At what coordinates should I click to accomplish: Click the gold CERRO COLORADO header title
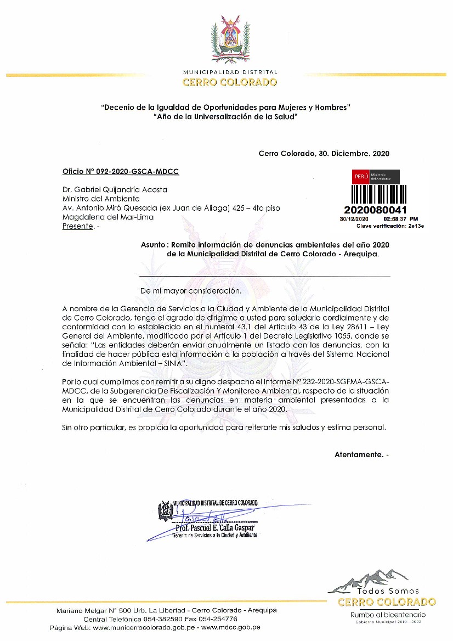point(230,83)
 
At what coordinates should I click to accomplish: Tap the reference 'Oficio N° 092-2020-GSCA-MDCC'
point(121,171)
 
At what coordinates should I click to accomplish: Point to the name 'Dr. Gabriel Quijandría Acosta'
point(115,190)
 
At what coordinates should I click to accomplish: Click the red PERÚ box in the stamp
point(360,177)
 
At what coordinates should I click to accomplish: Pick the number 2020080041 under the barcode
point(375,210)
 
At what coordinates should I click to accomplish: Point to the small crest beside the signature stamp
point(165,511)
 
